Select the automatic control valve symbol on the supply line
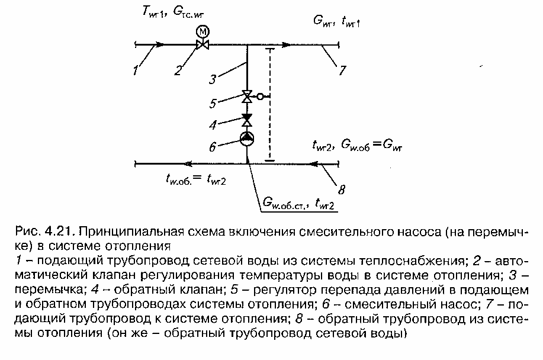(x=203, y=44)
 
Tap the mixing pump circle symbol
(x=246, y=139)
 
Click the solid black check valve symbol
(x=246, y=120)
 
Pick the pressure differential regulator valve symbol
(x=246, y=97)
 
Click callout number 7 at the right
(x=342, y=70)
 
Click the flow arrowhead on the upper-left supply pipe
(x=159, y=44)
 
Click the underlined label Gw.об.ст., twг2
(x=299, y=205)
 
